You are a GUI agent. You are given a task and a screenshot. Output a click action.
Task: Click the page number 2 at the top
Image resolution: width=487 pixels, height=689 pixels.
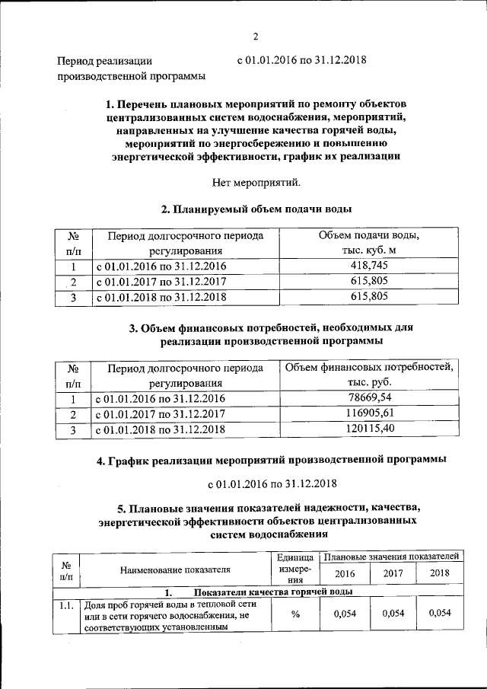pyautogui.click(x=256, y=35)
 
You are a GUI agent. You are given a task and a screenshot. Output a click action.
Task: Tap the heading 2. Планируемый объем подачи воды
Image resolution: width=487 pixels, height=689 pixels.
pyautogui.click(x=256, y=209)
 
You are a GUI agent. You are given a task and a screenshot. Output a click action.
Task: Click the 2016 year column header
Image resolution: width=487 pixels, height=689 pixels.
pyautogui.click(x=345, y=573)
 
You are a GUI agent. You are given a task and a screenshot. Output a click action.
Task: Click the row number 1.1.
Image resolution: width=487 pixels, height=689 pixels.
pyautogui.click(x=66, y=605)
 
